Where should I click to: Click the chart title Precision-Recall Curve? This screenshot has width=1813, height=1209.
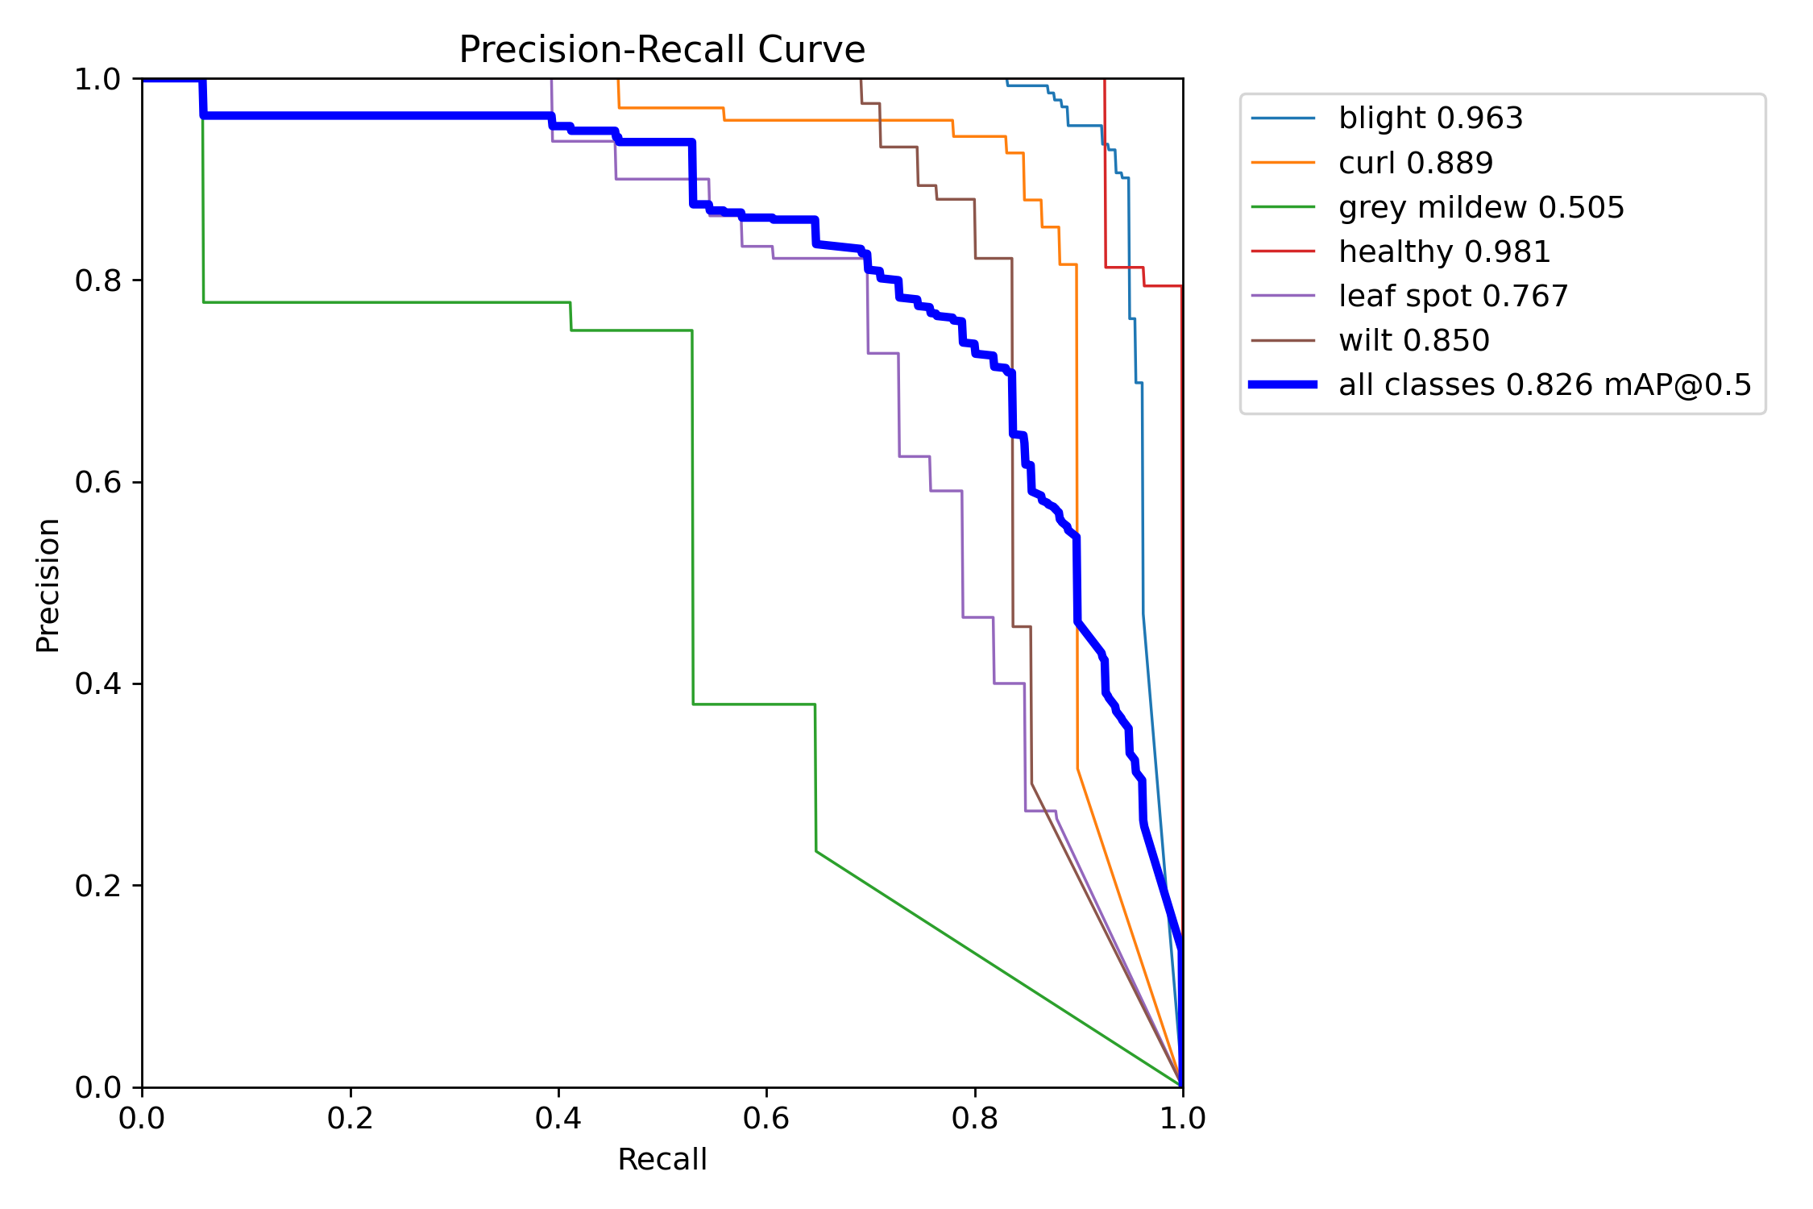(662, 50)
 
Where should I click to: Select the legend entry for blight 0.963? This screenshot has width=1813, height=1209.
(1430, 118)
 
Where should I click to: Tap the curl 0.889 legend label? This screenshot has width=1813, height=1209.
(1416, 163)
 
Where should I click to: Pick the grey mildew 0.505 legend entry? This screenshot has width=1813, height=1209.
(1481, 208)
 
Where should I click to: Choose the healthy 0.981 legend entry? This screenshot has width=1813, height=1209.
(1444, 252)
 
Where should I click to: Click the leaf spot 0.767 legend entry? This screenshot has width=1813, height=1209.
(1454, 297)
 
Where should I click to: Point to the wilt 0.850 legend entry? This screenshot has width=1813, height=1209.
(1414, 341)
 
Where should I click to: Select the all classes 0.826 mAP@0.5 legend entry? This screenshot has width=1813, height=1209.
(1545, 385)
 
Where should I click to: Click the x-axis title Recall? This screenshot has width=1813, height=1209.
(662, 1160)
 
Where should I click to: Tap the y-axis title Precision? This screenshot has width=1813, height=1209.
(48, 585)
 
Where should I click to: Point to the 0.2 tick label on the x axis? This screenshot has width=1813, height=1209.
(351, 1118)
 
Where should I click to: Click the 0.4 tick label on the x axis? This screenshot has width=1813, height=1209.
(558, 1118)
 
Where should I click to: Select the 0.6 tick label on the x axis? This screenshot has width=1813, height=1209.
(766, 1118)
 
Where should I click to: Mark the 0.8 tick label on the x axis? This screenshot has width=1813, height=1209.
(975, 1118)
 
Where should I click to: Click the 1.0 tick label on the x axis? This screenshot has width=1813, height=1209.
(1183, 1118)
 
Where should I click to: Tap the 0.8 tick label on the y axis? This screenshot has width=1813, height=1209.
(97, 281)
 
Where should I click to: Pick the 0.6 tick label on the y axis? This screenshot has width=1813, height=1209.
(97, 483)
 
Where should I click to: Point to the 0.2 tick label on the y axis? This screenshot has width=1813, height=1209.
(97, 886)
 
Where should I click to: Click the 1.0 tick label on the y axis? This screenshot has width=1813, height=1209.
(97, 80)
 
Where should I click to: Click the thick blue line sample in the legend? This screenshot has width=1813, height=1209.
(1283, 384)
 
